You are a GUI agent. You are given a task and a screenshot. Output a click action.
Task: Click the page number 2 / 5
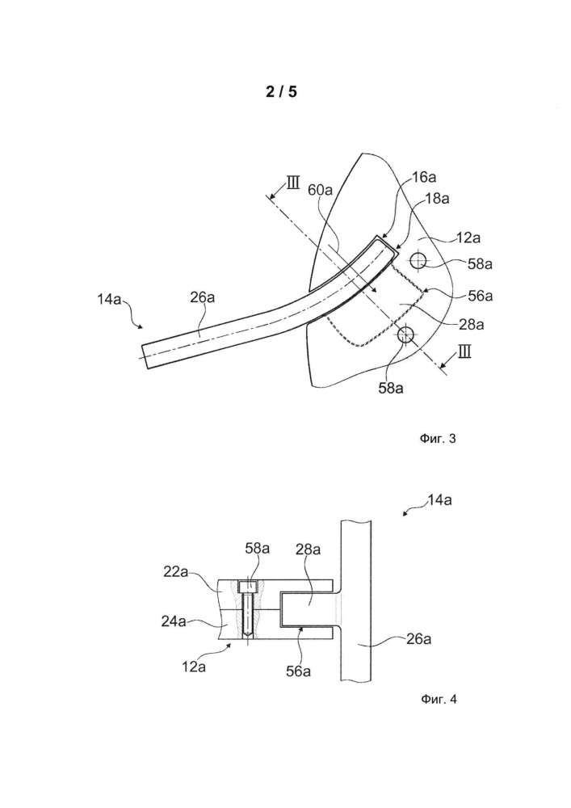pyautogui.click(x=282, y=92)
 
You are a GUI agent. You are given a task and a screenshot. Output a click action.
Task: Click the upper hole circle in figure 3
pyautogui.click(x=418, y=261)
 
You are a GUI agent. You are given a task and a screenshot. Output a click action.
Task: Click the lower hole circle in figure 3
pyautogui.click(x=406, y=335)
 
